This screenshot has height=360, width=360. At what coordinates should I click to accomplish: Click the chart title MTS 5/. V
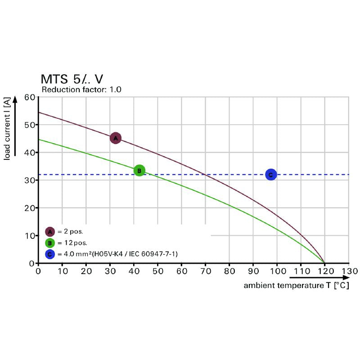pyautogui.click(x=74, y=79)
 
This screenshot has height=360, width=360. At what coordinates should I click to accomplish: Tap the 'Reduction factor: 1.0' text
pyautogui.click(x=81, y=90)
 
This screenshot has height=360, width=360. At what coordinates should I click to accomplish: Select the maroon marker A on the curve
pyautogui.click(x=115, y=138)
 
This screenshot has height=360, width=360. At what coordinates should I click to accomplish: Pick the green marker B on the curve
pyautogui.click(x=139, y=170)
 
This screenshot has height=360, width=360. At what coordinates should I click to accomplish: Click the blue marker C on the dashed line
pyautogui.click(x=270, y=175)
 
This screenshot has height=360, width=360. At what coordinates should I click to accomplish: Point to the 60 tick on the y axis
pyautogui.click(x=30, y=97)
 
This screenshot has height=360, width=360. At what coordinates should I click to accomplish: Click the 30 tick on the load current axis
pyautogui.click(x=30, y=180)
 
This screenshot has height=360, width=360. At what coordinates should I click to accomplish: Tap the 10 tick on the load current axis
pyautogui.click(x=30, y=235)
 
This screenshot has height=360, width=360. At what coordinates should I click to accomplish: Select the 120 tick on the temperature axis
pyautogui.click(x=324, y=271)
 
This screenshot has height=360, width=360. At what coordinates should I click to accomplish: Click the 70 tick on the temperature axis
pyautogui.click(x=205, y=271)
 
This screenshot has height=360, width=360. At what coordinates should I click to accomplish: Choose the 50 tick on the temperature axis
pyautogui.click(x=157, y=271)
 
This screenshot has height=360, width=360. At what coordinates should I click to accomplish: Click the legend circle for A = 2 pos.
pyautogui.click(x=50, y=232)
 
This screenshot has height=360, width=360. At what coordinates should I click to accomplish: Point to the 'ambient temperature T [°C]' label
pyautogui.click(x=297, y=285)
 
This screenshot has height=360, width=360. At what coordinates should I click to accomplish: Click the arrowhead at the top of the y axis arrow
pyautogui.click(x=15, y=99)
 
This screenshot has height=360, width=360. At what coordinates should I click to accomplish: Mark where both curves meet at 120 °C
pyautogui.click(x=324, y=263)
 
